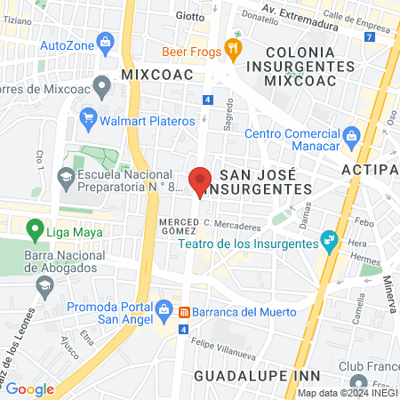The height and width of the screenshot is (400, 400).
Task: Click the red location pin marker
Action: pyautogui.click(x=201, y=180)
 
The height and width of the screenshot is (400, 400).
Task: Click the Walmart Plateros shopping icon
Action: pyautogui.click(x=88, y=119)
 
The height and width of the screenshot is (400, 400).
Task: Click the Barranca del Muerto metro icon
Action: pyautogui.click(x=185, y=312)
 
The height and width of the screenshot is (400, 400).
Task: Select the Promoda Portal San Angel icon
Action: pyautogui.click(x=164, y=310)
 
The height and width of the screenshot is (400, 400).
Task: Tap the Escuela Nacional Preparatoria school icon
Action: pyautogui.click(x=65, y=176)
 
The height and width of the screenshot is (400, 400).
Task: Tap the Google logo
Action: pyautogui.click(x=29, y=388)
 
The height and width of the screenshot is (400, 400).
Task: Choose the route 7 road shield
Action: pyautogui.click(x=369, y=35)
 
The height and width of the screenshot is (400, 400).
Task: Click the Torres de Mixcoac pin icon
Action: pyautogui.click(x=101, y=87)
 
